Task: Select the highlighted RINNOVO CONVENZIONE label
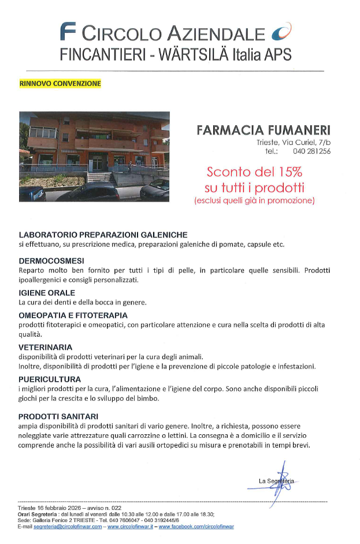pos(60,83)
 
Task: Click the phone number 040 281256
pos(311,151)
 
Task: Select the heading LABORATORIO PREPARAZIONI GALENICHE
pos(103,235)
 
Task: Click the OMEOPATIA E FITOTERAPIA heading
pos(73,315)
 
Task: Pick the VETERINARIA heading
pos(45,347)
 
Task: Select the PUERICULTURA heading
pos(49,379)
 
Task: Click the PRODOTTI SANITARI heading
pos(58,416)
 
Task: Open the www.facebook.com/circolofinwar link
pos(196,527)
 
